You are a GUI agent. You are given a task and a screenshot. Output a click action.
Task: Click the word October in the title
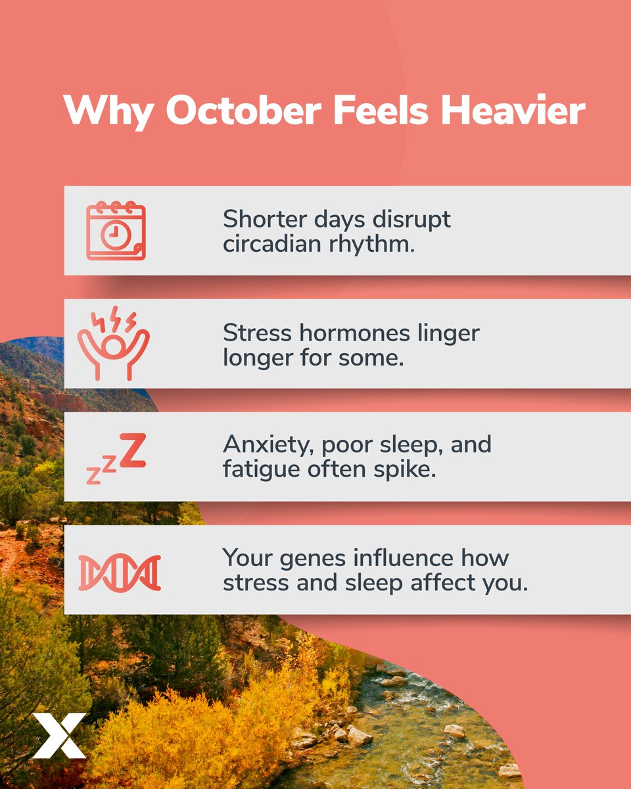pos(246,110)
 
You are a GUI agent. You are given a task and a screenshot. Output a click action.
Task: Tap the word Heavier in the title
pos(513,110)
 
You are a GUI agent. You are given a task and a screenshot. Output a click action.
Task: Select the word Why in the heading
pos(108,110)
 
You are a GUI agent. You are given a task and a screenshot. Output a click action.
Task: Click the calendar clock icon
pos(116,231)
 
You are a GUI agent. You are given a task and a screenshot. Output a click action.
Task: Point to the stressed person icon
pos(114,343)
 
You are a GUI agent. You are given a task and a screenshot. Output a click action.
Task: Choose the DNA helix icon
pos(119,573)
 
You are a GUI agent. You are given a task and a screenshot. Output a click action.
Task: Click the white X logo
pos(59,734)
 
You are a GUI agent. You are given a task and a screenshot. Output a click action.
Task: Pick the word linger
pos(444,333)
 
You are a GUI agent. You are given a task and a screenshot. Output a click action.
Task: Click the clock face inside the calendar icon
pos(113,233)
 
